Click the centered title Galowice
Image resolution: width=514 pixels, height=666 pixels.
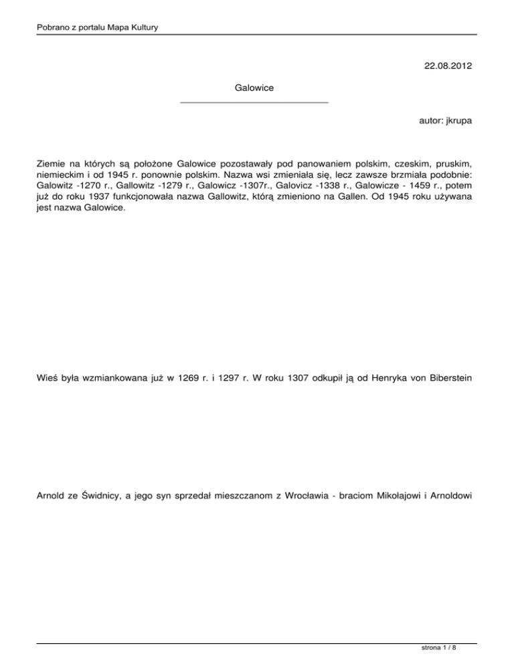pos(254,88)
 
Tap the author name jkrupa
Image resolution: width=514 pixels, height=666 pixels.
pos(460,123)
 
